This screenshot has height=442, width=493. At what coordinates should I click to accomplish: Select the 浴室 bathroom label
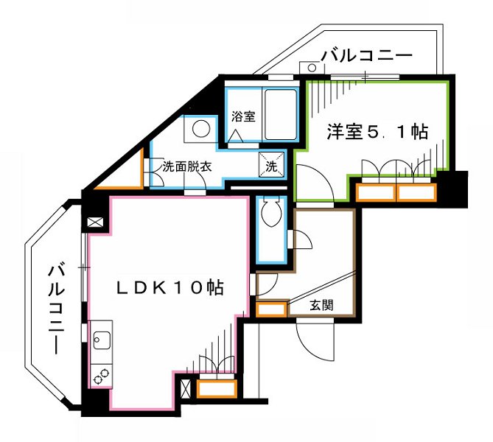[242, 116]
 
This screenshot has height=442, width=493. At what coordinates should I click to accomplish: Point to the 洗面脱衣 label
[187, 166]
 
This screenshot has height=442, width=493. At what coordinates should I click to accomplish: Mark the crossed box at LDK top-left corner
[96, 222]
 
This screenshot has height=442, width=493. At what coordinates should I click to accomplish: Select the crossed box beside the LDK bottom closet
[186, 387]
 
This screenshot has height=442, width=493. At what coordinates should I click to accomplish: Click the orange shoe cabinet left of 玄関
[270, 309]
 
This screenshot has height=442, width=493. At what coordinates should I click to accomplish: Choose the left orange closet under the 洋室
[375, 193]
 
